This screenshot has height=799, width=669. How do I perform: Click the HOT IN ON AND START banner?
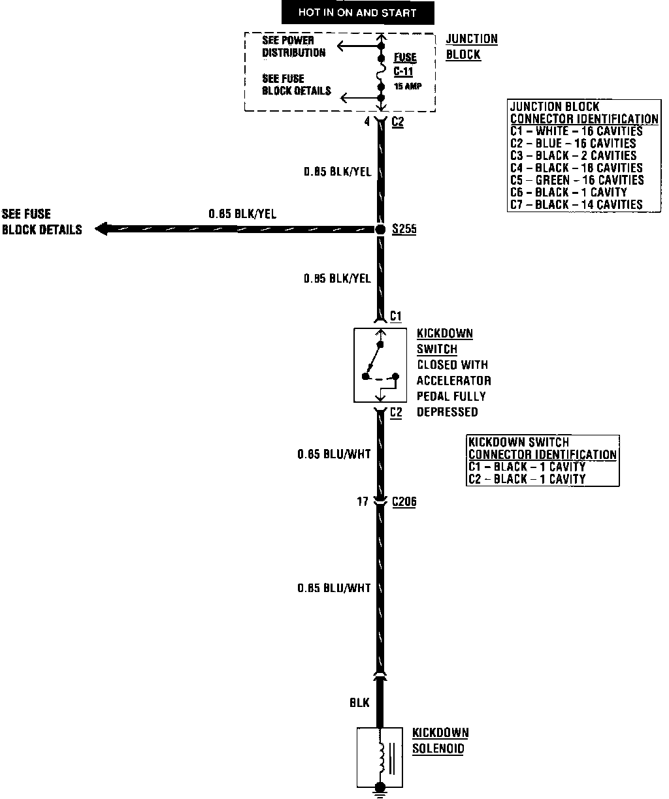pos(357,12)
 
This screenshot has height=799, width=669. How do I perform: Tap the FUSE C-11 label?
pos(404,65)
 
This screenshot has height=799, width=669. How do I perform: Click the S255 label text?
pos(404,230)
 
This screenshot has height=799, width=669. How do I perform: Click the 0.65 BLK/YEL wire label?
pos(242,213)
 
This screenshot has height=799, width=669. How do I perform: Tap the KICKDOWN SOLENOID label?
pos(440,741)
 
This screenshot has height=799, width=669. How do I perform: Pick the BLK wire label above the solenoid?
pos(359,702)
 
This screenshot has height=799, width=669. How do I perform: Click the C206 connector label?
pos(404,502)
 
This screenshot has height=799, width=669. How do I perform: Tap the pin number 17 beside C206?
pos(363,502)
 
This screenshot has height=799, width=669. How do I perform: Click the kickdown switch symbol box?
pos(380,365)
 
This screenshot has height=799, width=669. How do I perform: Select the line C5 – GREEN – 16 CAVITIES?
pos(577,180)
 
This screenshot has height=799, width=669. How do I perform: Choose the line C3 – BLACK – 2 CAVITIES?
pos(573,155)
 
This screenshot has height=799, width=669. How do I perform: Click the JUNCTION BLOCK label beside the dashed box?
pos(471,47)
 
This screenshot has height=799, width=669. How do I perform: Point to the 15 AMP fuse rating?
pos(408,87)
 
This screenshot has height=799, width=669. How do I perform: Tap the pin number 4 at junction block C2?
pos(367,121)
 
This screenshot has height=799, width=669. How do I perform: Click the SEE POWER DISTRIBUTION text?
pos(293,46)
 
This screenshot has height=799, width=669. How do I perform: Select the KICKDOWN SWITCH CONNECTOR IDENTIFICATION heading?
pos(542,448)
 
